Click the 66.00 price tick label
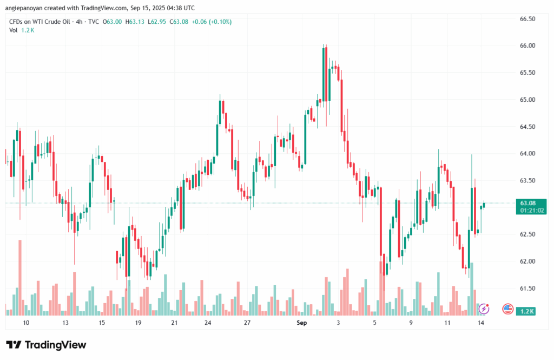[x=527, y=45]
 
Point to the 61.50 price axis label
[x=527, y=289]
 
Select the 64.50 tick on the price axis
[x=527, y=127]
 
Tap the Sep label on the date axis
[x=302, y=323]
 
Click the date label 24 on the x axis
[x=208, y=323]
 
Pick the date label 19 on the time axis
[x=138, y=323]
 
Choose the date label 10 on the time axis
[x=26, y=323]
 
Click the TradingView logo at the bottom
[x=46, y=345]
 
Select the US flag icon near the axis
[x=507, y=309]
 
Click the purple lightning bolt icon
[x=484, y=309]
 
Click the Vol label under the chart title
[x=14, y=30]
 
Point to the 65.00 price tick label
[x=527, y=100]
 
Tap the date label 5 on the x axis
[x=374, y=323]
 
